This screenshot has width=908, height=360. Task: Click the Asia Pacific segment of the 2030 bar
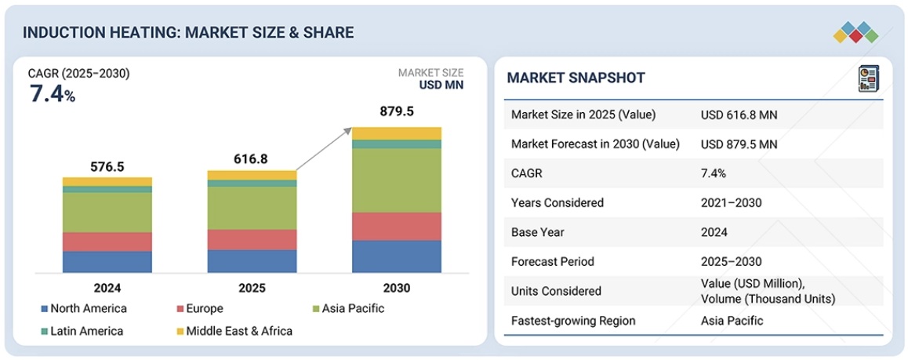396,180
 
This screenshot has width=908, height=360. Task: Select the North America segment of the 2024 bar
107,262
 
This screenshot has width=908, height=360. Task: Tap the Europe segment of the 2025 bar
252,239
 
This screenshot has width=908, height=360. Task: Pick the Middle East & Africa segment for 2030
396,133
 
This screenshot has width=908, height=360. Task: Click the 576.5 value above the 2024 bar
107,167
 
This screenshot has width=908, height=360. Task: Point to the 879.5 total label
396,111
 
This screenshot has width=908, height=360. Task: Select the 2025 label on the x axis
252,288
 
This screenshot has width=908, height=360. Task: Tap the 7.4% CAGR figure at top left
52,95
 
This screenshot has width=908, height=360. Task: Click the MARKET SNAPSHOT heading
576,78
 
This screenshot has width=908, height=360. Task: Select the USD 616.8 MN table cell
739,115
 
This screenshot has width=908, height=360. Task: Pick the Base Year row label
537,232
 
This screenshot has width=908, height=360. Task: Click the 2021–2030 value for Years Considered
731,203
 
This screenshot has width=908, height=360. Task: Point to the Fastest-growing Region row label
573,320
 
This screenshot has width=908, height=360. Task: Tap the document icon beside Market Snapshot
867,78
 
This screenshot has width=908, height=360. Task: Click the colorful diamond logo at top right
855,32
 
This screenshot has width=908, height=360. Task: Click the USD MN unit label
441,85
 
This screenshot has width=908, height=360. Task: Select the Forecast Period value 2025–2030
731,261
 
